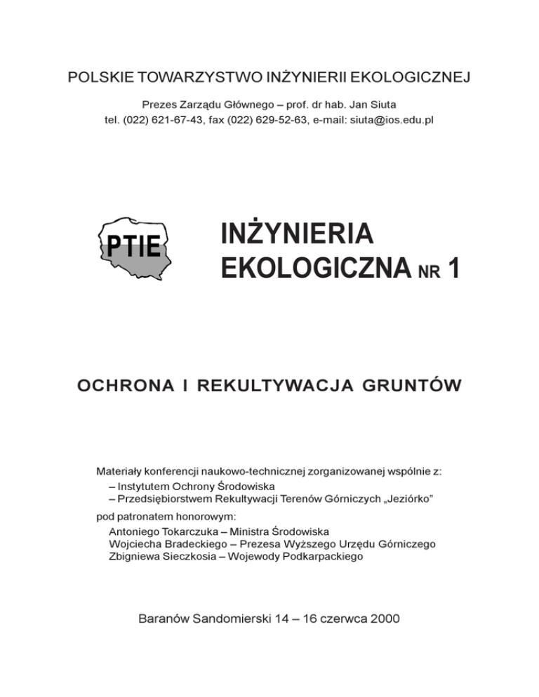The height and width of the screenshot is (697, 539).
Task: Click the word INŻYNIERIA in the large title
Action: click(295, 234)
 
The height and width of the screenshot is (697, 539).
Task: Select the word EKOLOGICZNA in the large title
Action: click(312, 267)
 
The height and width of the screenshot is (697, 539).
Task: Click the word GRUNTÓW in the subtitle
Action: click(408, 386)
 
